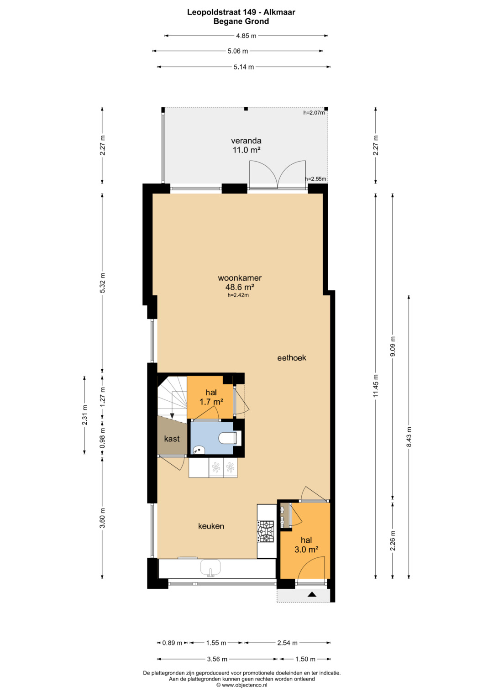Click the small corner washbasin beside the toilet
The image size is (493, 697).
198,450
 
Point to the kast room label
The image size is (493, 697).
172,439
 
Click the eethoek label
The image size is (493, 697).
292,358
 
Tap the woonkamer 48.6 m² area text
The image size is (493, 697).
240,282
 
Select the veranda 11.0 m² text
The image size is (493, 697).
246,145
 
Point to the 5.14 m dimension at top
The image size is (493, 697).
244,67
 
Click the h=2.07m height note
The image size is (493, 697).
314,113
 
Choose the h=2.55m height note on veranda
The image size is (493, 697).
315,179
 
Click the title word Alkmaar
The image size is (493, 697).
279,12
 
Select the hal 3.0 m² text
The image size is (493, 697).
306,545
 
